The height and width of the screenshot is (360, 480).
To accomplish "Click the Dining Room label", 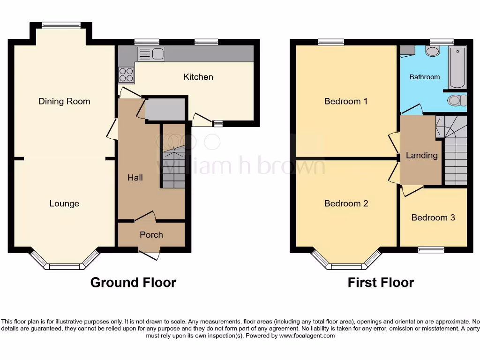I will coord(64,101).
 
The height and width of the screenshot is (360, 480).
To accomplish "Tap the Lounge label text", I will coord(64,203).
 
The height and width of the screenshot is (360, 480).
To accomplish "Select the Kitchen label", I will coord(198,77).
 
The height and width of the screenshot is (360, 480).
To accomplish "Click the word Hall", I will coord(135,178).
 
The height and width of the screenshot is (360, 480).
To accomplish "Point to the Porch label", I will coord(151,234).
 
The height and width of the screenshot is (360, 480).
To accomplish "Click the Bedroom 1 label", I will coord(346,101).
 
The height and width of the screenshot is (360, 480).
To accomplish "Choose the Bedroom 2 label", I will coord(346,203).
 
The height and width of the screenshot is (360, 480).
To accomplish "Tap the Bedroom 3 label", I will coord(433,217).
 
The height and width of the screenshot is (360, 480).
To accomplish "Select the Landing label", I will coord(422,155).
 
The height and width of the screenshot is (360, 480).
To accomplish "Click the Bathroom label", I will coord(425,77).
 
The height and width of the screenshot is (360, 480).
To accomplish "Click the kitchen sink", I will coord(151,54).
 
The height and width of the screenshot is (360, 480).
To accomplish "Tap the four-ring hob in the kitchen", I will coord(126,75).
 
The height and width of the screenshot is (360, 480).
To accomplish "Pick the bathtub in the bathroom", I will coord(457,67).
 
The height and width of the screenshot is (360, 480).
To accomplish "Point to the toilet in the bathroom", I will coord(456,100).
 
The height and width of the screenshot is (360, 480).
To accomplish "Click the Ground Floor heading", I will coord(133,283).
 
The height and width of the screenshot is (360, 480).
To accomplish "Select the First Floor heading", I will coord(381,283).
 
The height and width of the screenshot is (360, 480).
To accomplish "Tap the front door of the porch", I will coord(150,255).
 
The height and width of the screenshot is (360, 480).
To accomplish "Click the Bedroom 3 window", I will coord(431,250).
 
